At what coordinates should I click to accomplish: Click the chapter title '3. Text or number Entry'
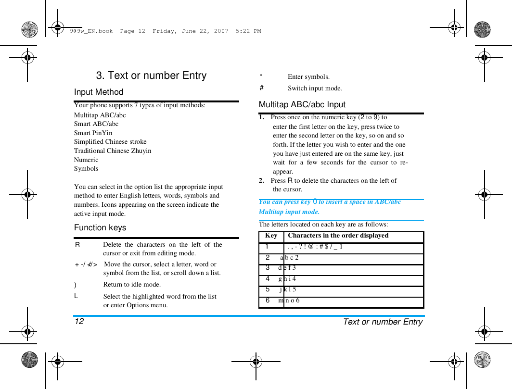pos(151,75)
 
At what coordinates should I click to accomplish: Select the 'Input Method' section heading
pos(99,92)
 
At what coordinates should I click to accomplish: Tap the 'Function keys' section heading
pos(100,227)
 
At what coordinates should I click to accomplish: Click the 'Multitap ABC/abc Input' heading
pos(302,104)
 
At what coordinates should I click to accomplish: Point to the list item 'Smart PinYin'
pos(93,133)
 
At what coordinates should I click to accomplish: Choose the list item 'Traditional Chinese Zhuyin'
pos(113,151)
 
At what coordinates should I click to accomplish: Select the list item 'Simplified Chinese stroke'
pos(110,141)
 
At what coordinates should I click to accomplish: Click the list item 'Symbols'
pos(86,168)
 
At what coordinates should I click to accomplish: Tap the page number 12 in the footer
pos(79,321)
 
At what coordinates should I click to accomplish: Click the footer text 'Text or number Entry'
pos(383,322)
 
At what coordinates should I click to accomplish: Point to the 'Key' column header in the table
pos(271,236)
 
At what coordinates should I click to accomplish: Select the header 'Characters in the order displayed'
pos(338,236)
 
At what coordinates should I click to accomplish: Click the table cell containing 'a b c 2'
pos(289,258)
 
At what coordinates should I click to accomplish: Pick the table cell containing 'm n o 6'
pos(289,301)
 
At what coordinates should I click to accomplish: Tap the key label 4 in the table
pos(268,279)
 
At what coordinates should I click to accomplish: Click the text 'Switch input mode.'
pos(315,88)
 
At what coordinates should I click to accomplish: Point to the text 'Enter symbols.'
pos(308,76)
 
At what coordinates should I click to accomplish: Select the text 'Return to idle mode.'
pos(132,284)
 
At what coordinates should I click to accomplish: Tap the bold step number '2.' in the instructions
pos(261,180)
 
